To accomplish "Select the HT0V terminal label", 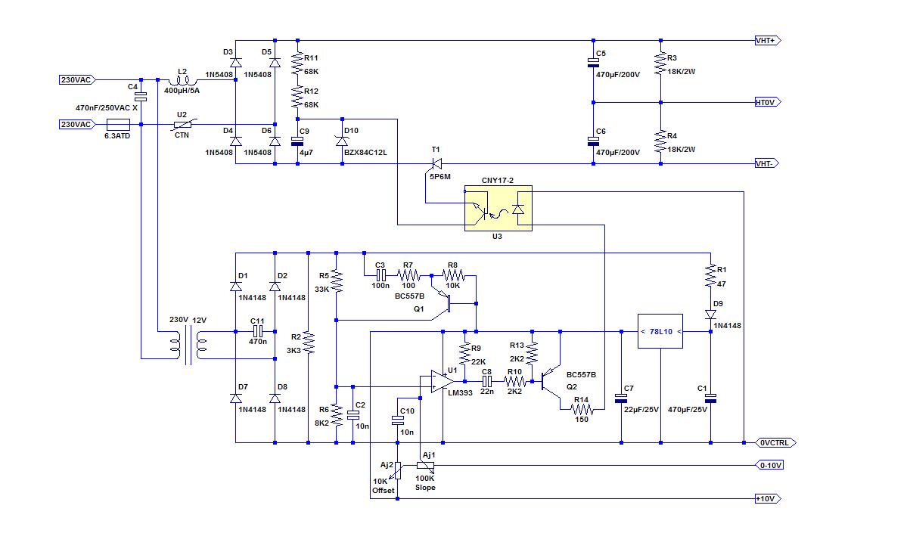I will point(768,102).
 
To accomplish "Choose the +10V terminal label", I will point(768,499).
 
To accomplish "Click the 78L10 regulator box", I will point(660,331).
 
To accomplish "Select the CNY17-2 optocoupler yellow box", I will point(498,208).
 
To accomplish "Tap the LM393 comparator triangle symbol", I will point(443,381).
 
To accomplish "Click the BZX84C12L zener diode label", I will point(365,152).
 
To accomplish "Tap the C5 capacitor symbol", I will point(595,65).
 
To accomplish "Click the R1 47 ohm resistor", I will point(711,275).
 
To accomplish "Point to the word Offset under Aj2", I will point(383,491).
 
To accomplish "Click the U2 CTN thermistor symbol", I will point(182,124).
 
